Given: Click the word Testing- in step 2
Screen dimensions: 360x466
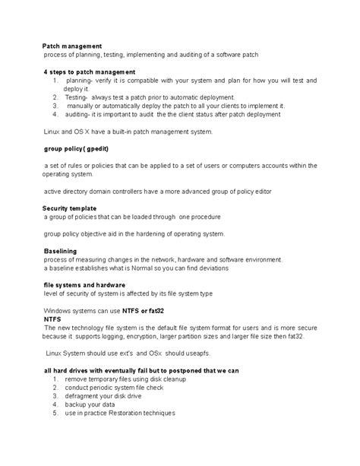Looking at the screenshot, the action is pos(76,97).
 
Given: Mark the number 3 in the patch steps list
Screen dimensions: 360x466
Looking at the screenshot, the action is pos(55,106).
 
